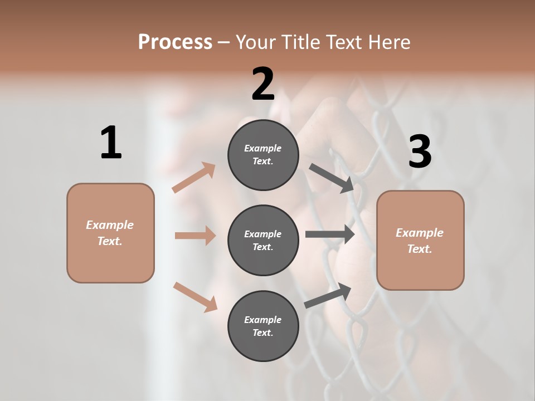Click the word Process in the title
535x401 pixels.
click(x=175, y=42)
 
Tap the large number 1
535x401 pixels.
click(x=111, y=143)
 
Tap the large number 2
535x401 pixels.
click(x=263, y=84)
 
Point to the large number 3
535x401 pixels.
click(x=420, y=152)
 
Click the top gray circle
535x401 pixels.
click(x=263, y=155)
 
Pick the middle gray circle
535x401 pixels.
click(x=263, y=240)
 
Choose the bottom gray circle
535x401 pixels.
click(x=263, y=326)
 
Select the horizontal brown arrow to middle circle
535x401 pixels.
click(x=195, y=236)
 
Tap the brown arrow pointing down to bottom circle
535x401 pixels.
click(x=195, y=296)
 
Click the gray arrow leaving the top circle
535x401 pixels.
click(x=332, y=178)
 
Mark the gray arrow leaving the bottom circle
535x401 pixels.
click(x=328, y=296)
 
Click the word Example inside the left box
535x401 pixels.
click(x=110, y=225)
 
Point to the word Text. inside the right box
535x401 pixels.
click(x=420, y=249)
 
